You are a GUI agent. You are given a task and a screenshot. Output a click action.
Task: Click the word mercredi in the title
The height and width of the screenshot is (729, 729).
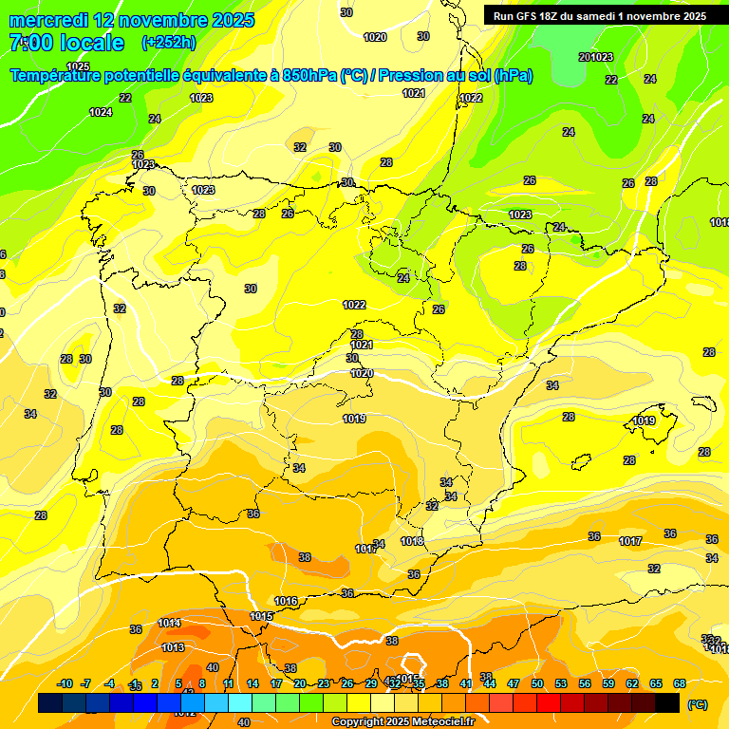point(49,20)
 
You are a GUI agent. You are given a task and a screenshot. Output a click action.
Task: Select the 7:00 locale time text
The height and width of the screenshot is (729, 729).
point(66,43)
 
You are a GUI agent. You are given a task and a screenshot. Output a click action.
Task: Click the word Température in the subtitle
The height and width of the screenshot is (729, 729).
point(59,76)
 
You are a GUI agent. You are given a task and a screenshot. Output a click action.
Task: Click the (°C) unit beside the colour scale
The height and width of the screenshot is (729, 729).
point(697,704)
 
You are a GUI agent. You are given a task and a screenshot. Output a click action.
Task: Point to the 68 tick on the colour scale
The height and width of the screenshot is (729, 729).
point(679,683)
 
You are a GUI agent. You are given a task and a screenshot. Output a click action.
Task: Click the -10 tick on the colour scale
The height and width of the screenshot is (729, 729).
point(65,683)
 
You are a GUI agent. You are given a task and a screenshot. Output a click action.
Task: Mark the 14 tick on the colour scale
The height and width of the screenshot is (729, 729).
point(252,683)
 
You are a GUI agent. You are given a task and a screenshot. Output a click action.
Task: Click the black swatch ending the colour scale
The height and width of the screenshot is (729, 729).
point(667,702)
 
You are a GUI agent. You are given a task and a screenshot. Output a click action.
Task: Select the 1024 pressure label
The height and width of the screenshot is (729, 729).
point(101,112)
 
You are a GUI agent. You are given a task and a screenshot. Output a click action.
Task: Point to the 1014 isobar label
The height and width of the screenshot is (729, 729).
point(169,623)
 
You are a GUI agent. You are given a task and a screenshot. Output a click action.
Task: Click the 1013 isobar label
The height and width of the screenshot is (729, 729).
point(173,647)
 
